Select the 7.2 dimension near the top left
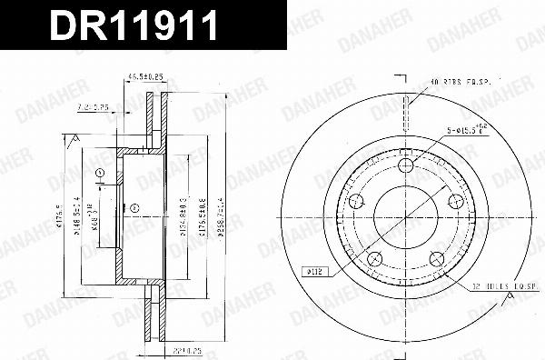[x=94, y=106]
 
